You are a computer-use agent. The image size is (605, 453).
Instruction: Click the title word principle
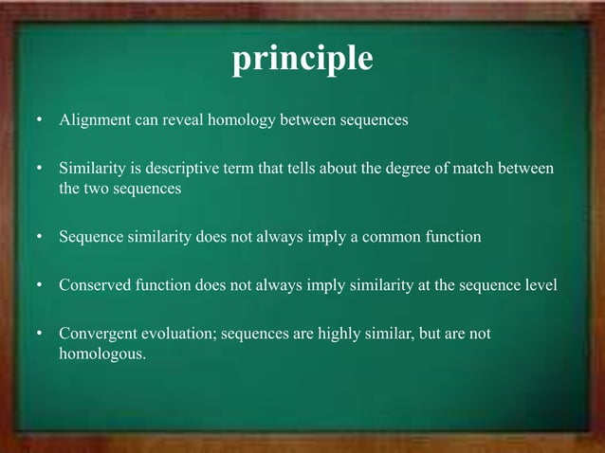click(302, 60)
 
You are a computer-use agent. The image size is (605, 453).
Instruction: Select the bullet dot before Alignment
click(39, 121)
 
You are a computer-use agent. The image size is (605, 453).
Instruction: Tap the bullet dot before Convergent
click(39, 335)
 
